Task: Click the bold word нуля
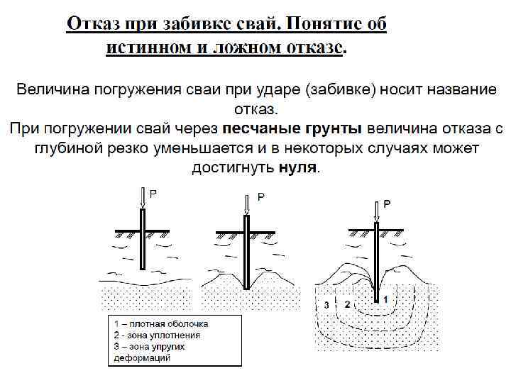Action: tap(298, 169)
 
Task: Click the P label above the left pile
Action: tap(153, 192)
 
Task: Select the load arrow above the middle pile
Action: tap(246, 204)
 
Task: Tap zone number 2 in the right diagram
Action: tap(347, 304)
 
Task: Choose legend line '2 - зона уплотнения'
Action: tap(158, 335)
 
